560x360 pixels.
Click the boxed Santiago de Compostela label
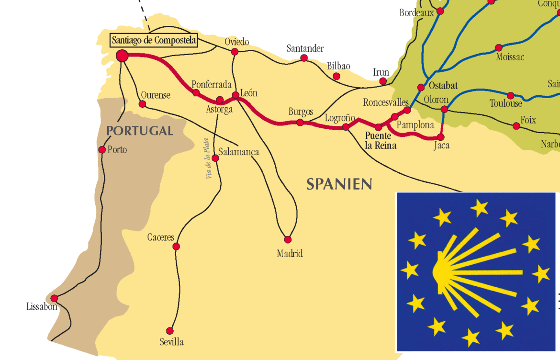pos(154,40)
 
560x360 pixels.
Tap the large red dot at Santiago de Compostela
pos(122,56)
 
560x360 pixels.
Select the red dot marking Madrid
pos(288,239)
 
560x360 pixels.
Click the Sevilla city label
pos(171,342)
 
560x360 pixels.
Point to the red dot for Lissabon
pos(54,298)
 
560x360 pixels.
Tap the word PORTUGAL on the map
pos(139,131)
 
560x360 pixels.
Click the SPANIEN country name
pos(339,184)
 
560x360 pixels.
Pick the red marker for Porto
pos(102,150)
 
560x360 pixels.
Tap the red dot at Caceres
pos(176,247)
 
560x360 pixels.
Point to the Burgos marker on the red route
pos(300,123)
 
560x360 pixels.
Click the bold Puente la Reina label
pos(381,141)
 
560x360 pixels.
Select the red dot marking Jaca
pos(441,137)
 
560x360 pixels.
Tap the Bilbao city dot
pos(336,76)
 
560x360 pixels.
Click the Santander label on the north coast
pos(305,48)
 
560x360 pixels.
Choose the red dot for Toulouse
pos(510,96)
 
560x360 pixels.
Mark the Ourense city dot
pos(142,104)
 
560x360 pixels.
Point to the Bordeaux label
pos(416,13)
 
